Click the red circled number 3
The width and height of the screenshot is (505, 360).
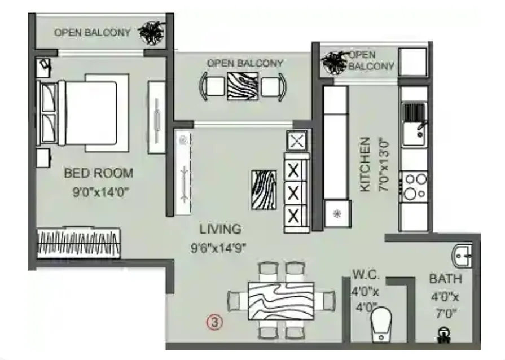pos(215,322)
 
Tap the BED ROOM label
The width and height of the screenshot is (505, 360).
pos(99,173)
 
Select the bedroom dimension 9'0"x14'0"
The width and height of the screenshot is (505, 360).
pos(101,192)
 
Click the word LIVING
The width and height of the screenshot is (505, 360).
pos(220,229)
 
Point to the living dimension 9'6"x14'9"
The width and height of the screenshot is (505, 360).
pos(218,248)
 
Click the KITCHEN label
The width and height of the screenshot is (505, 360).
pos(365,165)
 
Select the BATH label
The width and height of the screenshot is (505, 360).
pos(446,279)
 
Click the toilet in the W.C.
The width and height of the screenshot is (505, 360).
pos(381,324)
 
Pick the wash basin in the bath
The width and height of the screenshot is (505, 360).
pos(462,256)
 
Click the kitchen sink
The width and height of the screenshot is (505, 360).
pos(414,124)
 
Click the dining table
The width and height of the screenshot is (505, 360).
pos(281,301)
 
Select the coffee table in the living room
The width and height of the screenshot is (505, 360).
pos(264,190)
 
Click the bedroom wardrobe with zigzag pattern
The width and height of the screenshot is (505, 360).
pos(78,243)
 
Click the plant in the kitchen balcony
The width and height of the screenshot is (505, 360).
pos(334,63)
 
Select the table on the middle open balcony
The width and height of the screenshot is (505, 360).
pos(243,86)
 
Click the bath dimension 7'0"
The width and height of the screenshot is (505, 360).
pos(445,313)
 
